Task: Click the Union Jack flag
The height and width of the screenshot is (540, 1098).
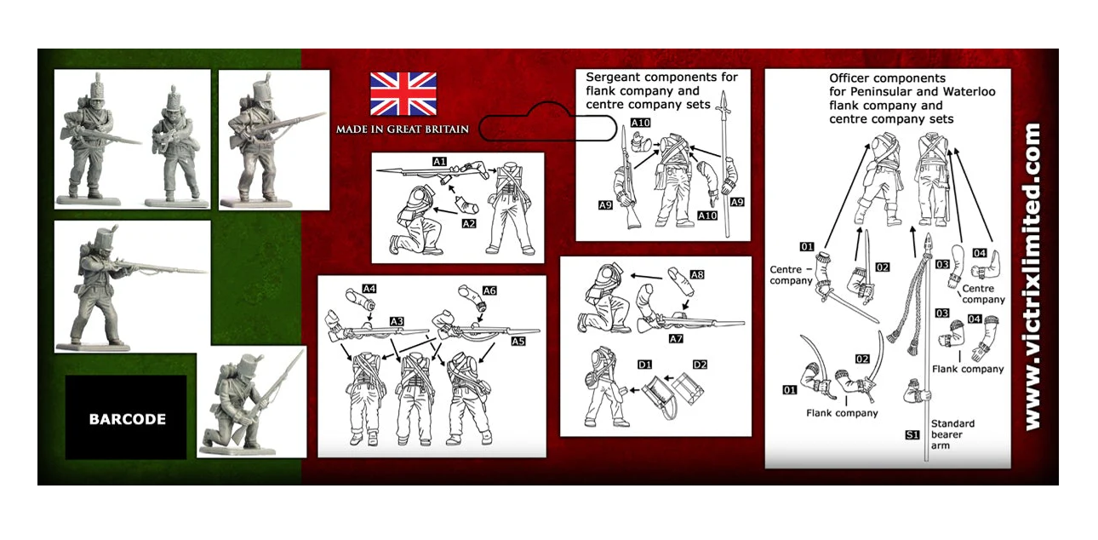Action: pyautogui.click(x=403, y=94)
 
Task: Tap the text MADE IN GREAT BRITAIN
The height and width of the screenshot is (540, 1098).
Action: pyautogui.click(x=402, y=129)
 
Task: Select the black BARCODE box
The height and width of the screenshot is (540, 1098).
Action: pyautogui.click(x=126, y=417)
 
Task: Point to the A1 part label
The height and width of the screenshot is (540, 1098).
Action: pyautogui.click(x=439, y=161)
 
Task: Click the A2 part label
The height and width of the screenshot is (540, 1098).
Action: pyautogui.click(x=469, y=224)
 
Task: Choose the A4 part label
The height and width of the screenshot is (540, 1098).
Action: pyautogui.click(x=369, y=289)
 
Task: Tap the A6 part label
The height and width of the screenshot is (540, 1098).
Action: pyautogui.click(x=489, y=290)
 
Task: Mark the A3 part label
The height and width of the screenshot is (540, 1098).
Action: pyautogui.click(x=397, y=321)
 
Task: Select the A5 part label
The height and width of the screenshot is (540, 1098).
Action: pyautogui.click(x=518, y=341)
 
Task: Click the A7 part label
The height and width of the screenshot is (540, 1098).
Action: pyautogui.click(x=676, y=338)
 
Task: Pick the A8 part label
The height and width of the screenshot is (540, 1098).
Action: pyautogui.click(x=697, y=274)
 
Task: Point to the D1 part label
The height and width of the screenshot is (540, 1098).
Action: pyautogui.click(x=644, y=365)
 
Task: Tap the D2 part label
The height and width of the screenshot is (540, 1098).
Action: pyautogui.click(x=700, y=365)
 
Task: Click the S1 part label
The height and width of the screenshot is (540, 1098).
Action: pyautogui.click(x=912, y=434)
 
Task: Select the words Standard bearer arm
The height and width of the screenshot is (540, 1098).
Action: pyautogui.click(x=952, y=434)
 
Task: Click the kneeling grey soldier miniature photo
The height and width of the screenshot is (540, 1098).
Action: pyautogui.click(x=251, y=402)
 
